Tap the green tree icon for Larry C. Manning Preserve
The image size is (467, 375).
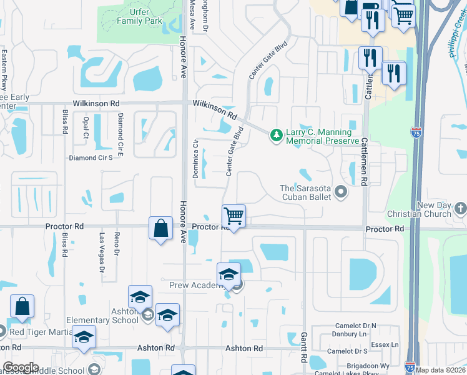click(x=275, y=135)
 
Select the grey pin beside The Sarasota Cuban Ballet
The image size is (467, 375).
click(x=341, y=192)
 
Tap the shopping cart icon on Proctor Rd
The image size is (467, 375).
click(x=234, y=216)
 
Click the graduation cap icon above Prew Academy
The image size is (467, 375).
click(x=229, y=274)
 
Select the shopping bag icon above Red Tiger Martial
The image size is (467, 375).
click(x=22, y=307)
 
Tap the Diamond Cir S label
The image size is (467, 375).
click(x=91, y=158)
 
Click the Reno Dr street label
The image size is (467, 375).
click(x=117, y=243)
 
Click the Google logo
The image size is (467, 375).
click(x=21, y=367)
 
